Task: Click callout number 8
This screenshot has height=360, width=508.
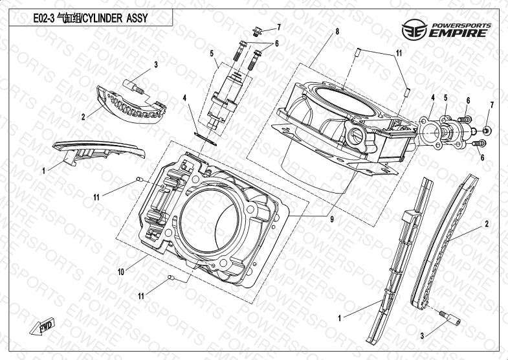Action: click(x=337, y=32)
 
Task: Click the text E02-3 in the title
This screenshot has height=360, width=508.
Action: click(x=44, y=18)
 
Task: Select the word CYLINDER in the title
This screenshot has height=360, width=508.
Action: click(x=103, y=18)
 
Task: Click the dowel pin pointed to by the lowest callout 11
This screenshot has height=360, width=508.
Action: click(x=172, y=278)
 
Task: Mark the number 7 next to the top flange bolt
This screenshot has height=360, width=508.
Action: click(x=279, y=27)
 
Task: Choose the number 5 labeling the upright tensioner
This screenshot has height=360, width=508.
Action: click(x=212, y=54)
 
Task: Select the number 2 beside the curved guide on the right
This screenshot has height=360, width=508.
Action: click(x=486, y=224)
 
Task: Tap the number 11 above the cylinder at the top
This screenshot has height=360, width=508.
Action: click(x=399, y=52)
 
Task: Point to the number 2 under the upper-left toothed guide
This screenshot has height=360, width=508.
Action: click(x=83, y=117)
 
